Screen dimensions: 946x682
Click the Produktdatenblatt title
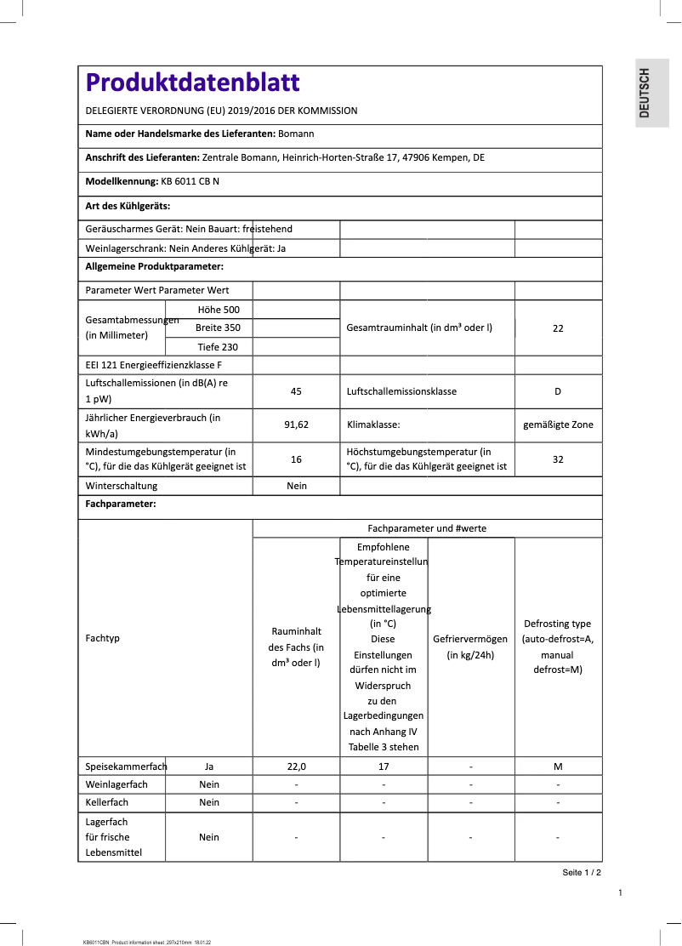pos(192,83)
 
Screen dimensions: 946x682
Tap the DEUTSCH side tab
pos(645,93)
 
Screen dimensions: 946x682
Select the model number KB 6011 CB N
pos(190,181)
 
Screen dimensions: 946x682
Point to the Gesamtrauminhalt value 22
pos(558,328)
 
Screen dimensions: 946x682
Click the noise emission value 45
pos(296,391)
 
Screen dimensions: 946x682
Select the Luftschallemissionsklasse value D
pos(558,391)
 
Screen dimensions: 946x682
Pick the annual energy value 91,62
pos(296,424)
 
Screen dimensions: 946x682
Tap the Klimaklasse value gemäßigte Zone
pos(558,424)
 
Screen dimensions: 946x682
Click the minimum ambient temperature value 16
pos(296,459)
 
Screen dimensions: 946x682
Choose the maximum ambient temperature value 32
pos(558,459)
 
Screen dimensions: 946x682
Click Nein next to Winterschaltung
pos(296,486)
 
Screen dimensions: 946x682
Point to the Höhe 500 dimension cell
pos(219,310)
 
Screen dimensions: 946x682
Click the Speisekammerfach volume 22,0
pos(296,766)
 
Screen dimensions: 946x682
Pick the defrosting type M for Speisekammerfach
pos(558,766)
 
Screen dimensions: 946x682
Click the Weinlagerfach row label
pos(117,784)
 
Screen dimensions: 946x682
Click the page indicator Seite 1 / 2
pos(582,873)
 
